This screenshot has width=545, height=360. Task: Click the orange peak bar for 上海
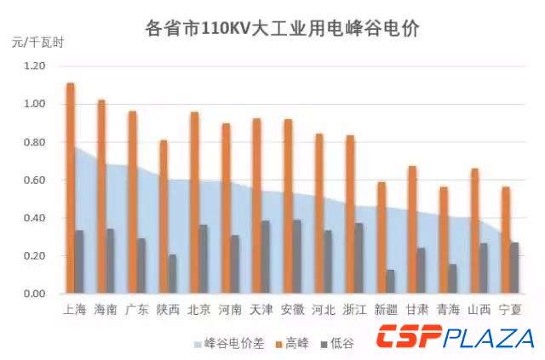pyautogui.click(x=70, y=189)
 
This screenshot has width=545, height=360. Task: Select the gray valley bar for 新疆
pyautogui.click(x=389, y=282)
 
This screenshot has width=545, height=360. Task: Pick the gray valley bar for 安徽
pyautogui.click(x=296, y=257)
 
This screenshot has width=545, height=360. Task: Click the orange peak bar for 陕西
pyautogui.click(x=163, y=217)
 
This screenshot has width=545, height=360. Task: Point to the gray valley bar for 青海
pyautogui.click(x=452, y=279)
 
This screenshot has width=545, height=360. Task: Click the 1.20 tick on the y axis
pyautogui.click(x=34, y=66)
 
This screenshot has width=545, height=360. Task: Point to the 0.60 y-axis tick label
pyautogui.click(x=34, y=180)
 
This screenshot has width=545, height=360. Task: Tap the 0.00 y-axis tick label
pyautogui.click(x=34, y=294)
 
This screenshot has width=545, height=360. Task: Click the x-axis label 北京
pyautogui.click(x=198, y=309)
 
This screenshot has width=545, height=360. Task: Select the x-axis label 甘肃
pyautogui.click(x=416, y=309)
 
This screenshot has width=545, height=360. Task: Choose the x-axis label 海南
pyautogui.click(x=106, y=309)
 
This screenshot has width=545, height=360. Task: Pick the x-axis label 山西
pyautogui.click(x=479, y=309)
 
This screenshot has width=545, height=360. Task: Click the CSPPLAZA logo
pyautogui.click(x=456, y=337)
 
